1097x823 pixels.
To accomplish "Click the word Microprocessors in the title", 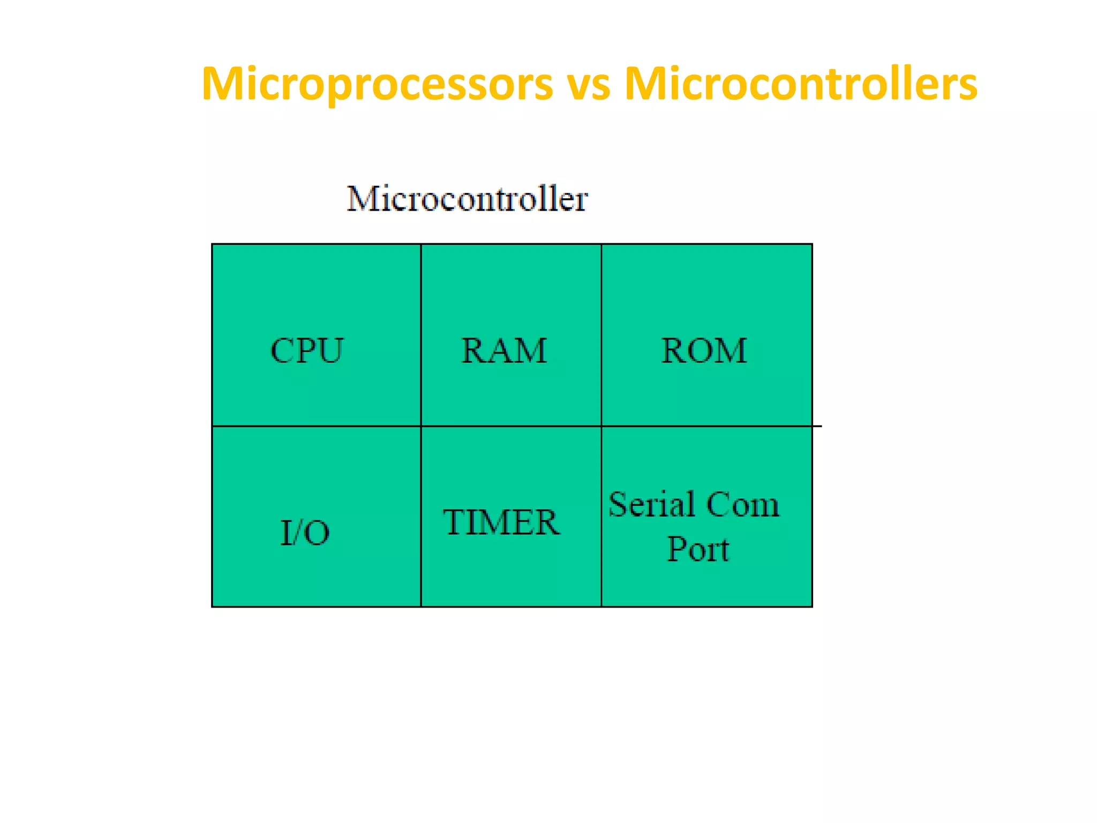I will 377,84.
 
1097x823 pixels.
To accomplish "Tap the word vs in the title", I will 589,86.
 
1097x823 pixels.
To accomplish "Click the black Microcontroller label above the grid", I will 467,199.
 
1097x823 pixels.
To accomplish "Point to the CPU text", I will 307,351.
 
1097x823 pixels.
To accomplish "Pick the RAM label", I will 504,351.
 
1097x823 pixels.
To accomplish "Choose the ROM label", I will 704,351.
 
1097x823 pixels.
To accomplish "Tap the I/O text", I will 305,533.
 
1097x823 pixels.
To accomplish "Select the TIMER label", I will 501,522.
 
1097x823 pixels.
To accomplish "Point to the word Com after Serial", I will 742,505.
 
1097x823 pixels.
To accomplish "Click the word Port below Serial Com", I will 698,549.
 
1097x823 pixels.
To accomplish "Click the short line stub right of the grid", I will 817,427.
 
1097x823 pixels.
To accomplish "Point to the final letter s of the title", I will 967,87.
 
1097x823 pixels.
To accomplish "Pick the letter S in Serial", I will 618,504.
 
